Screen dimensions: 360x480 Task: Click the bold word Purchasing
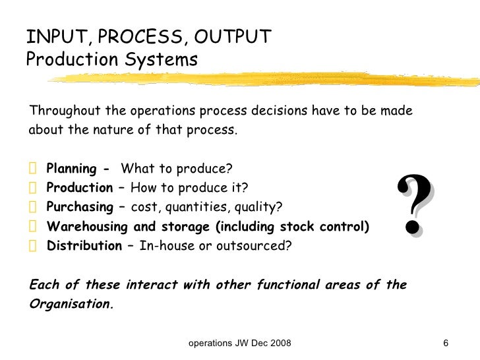[x=80, y=208]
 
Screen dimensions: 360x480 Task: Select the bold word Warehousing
[x=84, y=228]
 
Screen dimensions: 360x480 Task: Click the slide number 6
[x=446, y=344]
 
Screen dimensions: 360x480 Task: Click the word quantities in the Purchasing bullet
[x=194, y=208]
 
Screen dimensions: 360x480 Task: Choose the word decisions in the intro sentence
[x=288, y=109]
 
